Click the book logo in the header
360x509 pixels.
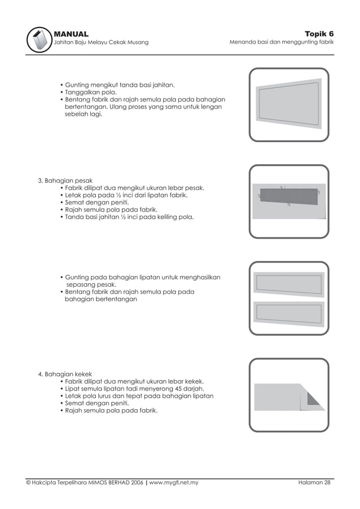39,40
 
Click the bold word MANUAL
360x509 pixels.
71,34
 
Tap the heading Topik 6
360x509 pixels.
319,34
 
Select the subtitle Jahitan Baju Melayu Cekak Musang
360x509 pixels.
101,42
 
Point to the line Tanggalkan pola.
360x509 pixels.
91,92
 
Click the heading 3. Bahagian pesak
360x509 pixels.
65,181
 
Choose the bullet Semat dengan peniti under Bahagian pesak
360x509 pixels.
95,202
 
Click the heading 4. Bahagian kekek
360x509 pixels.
65,374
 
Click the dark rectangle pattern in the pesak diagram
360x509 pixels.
289,197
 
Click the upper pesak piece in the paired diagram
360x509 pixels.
289,284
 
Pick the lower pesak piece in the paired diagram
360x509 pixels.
289,314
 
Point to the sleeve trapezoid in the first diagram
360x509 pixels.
289,104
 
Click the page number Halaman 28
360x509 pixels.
314,482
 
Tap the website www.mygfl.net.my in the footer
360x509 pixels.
174,482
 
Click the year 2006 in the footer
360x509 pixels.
137,482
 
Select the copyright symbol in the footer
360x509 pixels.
28,482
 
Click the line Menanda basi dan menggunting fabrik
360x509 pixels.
282,42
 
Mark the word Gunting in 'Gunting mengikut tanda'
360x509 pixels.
77,85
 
